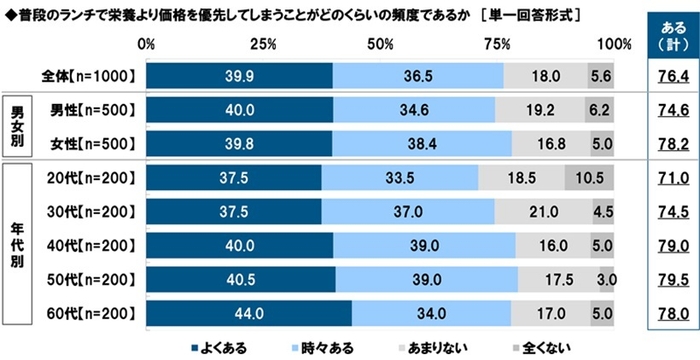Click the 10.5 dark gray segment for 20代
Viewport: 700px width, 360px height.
point(589,178)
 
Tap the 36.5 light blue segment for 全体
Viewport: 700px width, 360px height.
point(418,76)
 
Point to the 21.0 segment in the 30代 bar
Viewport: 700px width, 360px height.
point(544,212)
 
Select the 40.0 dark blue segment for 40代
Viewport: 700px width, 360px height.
point(239,246)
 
